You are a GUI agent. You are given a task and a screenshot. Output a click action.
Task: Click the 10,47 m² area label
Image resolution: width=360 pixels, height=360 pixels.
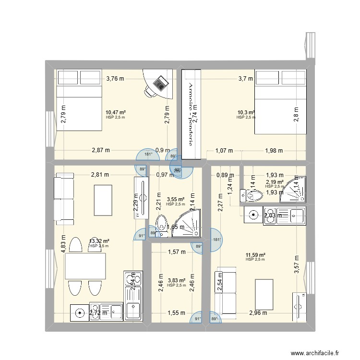pyautogui.click(x=116, y=112)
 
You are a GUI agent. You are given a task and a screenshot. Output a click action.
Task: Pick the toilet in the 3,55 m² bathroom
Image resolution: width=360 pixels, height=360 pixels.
pyautogui.click(x=162, y=225)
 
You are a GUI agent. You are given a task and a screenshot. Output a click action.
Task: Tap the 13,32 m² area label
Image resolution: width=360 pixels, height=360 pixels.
pyautogui.click(x=99, y=241)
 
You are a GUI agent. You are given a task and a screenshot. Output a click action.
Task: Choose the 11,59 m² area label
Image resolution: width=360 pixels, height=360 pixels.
pyautogui.click(x=255, y=255)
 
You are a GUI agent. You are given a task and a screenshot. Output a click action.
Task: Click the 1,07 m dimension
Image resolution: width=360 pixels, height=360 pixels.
pyautogui.click(x=224, y=150)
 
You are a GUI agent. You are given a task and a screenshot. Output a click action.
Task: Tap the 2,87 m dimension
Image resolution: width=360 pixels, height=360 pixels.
pyautogui.click(x=101, y=150)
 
